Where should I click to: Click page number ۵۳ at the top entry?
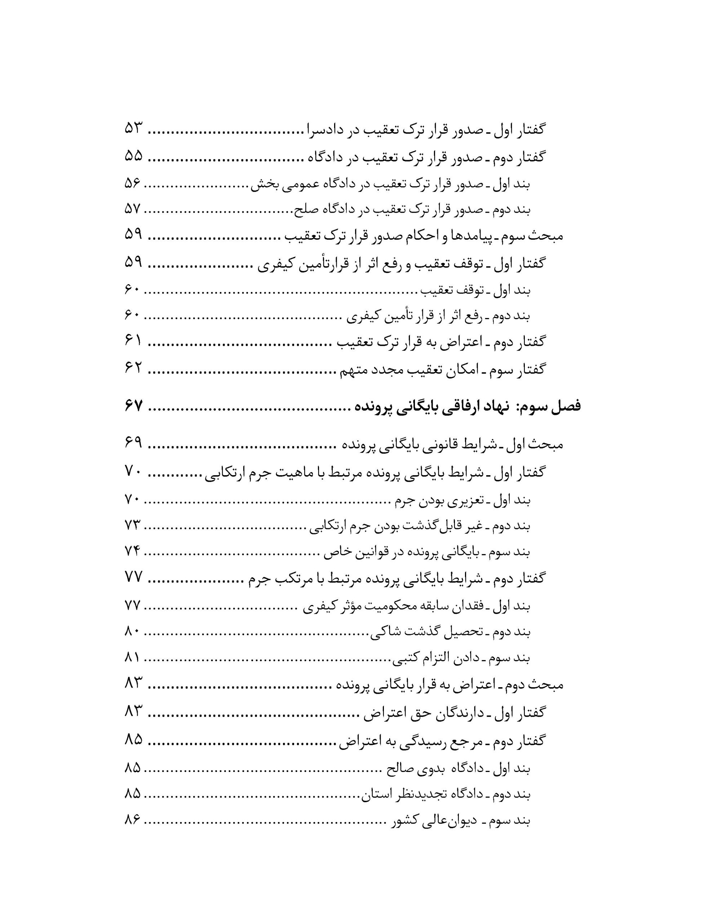pos(134,128)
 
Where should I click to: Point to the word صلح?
pos(303,209)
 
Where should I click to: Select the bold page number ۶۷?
pos(134,406)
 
